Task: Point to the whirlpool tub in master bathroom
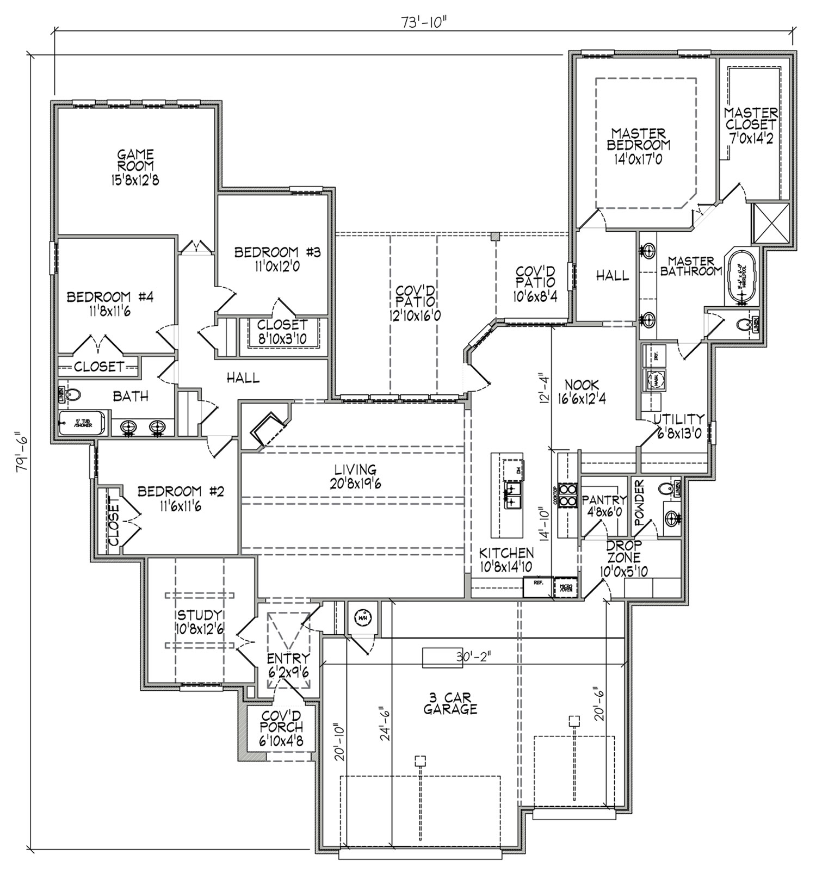pyautogui.click(x=742, y=276)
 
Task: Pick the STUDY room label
pyautogui.click(x=199, y=621)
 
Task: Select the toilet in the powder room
pyautogui.click(x=666, y=488)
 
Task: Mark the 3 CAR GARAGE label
pyautogui.click(x=450, y=703)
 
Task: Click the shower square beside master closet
pyautogui.click(x=770, y=222)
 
